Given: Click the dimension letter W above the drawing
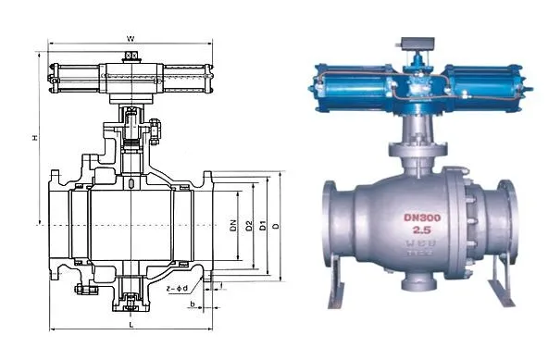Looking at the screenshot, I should [131, 38].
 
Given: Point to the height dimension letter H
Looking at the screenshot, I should [35, 138].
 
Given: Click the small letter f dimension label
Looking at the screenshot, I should [220, 283].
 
